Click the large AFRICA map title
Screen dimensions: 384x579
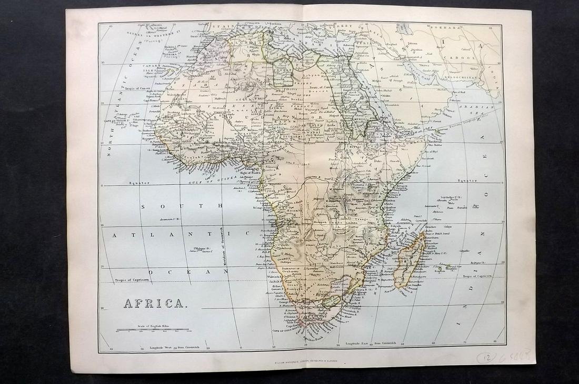point(154,304)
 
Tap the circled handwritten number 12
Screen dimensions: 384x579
point(486,357)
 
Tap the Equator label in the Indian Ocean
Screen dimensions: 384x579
point(466,180)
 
